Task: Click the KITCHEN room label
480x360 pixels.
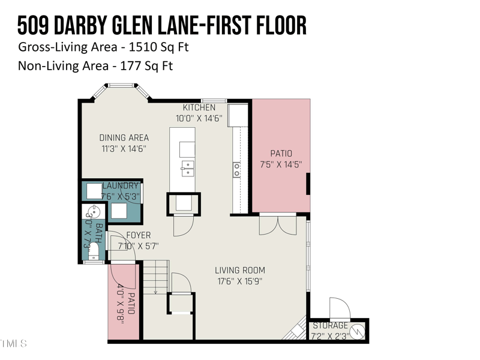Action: [x=199, y=107]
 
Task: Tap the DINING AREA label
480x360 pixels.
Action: [x=124, y=138]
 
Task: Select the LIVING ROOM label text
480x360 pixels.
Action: [x=241, y=271]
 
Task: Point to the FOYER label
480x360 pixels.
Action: [x=138, y=235]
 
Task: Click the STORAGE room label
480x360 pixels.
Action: [x=329, y=326]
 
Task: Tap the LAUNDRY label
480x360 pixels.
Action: [x=121, y=187]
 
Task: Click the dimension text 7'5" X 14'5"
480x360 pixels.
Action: [x=281, y=164]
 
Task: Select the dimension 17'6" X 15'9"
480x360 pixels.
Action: [x=240, y=281]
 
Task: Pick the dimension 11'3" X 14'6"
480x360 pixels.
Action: [x=123, y=148]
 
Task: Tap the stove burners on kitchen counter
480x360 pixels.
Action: [x=237, y=170]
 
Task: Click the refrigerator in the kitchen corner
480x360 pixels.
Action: [x=238, y=115]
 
